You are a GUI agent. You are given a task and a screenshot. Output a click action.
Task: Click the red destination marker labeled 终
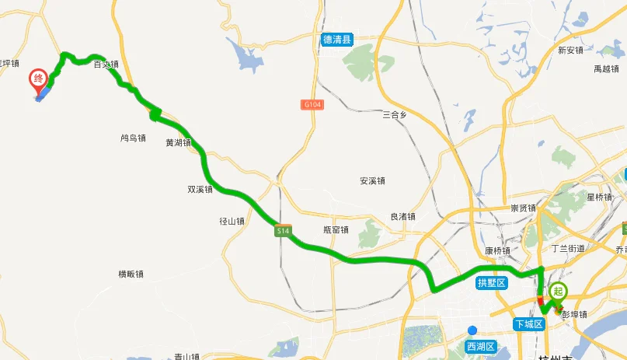tap(38, 79)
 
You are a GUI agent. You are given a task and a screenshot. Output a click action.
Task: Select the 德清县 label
tap(338, 39)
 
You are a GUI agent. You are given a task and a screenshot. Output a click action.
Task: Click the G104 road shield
tap(312, 104)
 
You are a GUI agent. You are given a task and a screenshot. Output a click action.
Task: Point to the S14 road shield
tap(283, 232)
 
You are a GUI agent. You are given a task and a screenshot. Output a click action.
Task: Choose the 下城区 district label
tap(528, 323)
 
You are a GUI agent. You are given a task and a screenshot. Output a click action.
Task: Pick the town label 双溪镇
tap(200, 189)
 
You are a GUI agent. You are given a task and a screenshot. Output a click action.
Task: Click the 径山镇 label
tap(232, 221)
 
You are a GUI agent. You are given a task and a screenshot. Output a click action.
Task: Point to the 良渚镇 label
tap(402, 217)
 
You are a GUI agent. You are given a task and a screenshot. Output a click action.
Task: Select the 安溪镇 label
tap(373, 181)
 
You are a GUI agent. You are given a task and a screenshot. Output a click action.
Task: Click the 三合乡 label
tap(395, 115)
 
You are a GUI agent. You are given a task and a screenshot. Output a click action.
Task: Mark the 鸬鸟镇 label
tap(133, 138)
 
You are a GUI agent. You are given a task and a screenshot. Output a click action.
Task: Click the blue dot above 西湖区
tap(472, 330)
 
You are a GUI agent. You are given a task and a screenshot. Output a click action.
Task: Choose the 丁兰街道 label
tap(567, 249)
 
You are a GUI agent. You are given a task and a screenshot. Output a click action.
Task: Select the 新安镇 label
tap(570, 51)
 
